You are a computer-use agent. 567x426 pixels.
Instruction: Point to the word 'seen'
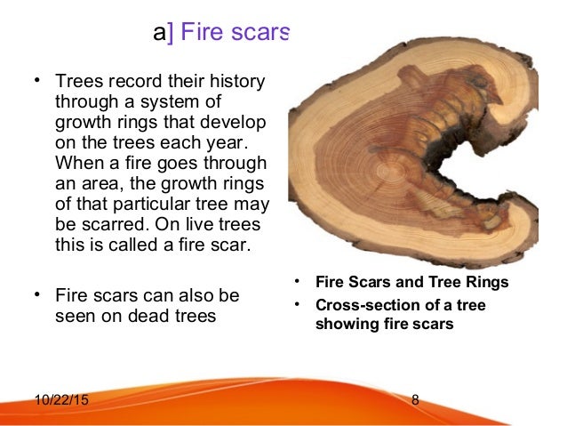(x=75, y=315)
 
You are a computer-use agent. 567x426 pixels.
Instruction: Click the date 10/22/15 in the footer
(x=61, y=399)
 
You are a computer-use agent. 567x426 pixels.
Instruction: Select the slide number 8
(x=416, y=399)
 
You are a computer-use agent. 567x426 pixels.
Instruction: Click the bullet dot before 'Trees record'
(x=38, y=81)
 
